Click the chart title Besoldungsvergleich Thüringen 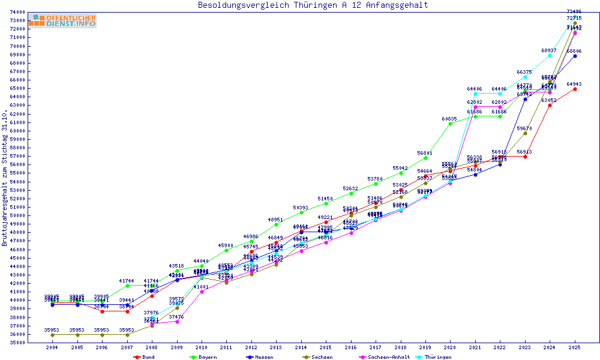click(x=313, y=5)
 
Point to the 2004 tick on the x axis click(x=53, y=347)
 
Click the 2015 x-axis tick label click(x=326, y=347)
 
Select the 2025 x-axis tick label click(x=575, y=347)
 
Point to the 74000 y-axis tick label click(x=17, y=12)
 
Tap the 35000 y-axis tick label click(x=17, y=343)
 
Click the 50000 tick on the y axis click(x=17, y=215)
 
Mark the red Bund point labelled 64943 click(x=575, y=89)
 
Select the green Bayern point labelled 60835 click(x=451, y=124)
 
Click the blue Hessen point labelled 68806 click(x=575, y=56)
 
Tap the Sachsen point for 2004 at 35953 click(x=53, y=335)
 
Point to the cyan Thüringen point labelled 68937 click(x=550, y=55)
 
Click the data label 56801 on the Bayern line click(x=425, y=153)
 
